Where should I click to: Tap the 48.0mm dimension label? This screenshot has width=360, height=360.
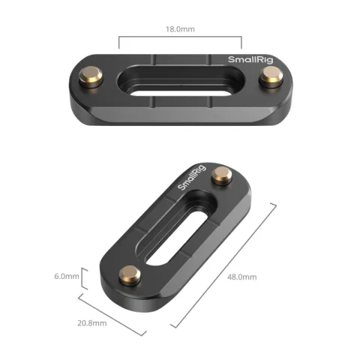tap(241, 277)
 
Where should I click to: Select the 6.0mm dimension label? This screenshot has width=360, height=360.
tap(66, 276)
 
